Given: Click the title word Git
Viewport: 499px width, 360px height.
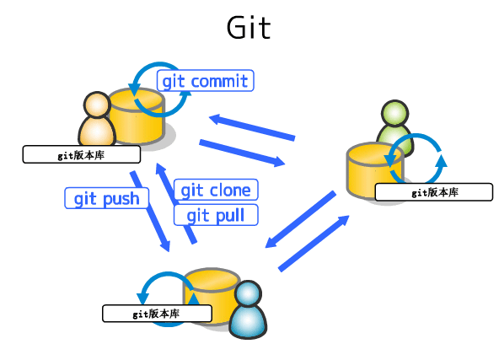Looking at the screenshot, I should pos(249,28).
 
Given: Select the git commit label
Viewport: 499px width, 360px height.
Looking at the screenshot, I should pos(205,81).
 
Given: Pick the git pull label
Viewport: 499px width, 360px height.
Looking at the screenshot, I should pos(215,215).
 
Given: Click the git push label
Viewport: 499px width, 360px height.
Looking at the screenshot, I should pos(107,199).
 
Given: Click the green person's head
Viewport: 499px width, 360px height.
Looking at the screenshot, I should pos(394,114).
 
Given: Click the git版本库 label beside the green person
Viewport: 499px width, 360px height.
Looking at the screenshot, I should pos(433,192).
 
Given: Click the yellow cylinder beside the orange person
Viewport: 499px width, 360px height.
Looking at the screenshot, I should pos(140,116).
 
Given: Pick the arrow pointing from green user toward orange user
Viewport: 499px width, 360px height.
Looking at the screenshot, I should pos(252,126).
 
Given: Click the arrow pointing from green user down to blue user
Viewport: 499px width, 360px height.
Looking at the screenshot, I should pos(300,220).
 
